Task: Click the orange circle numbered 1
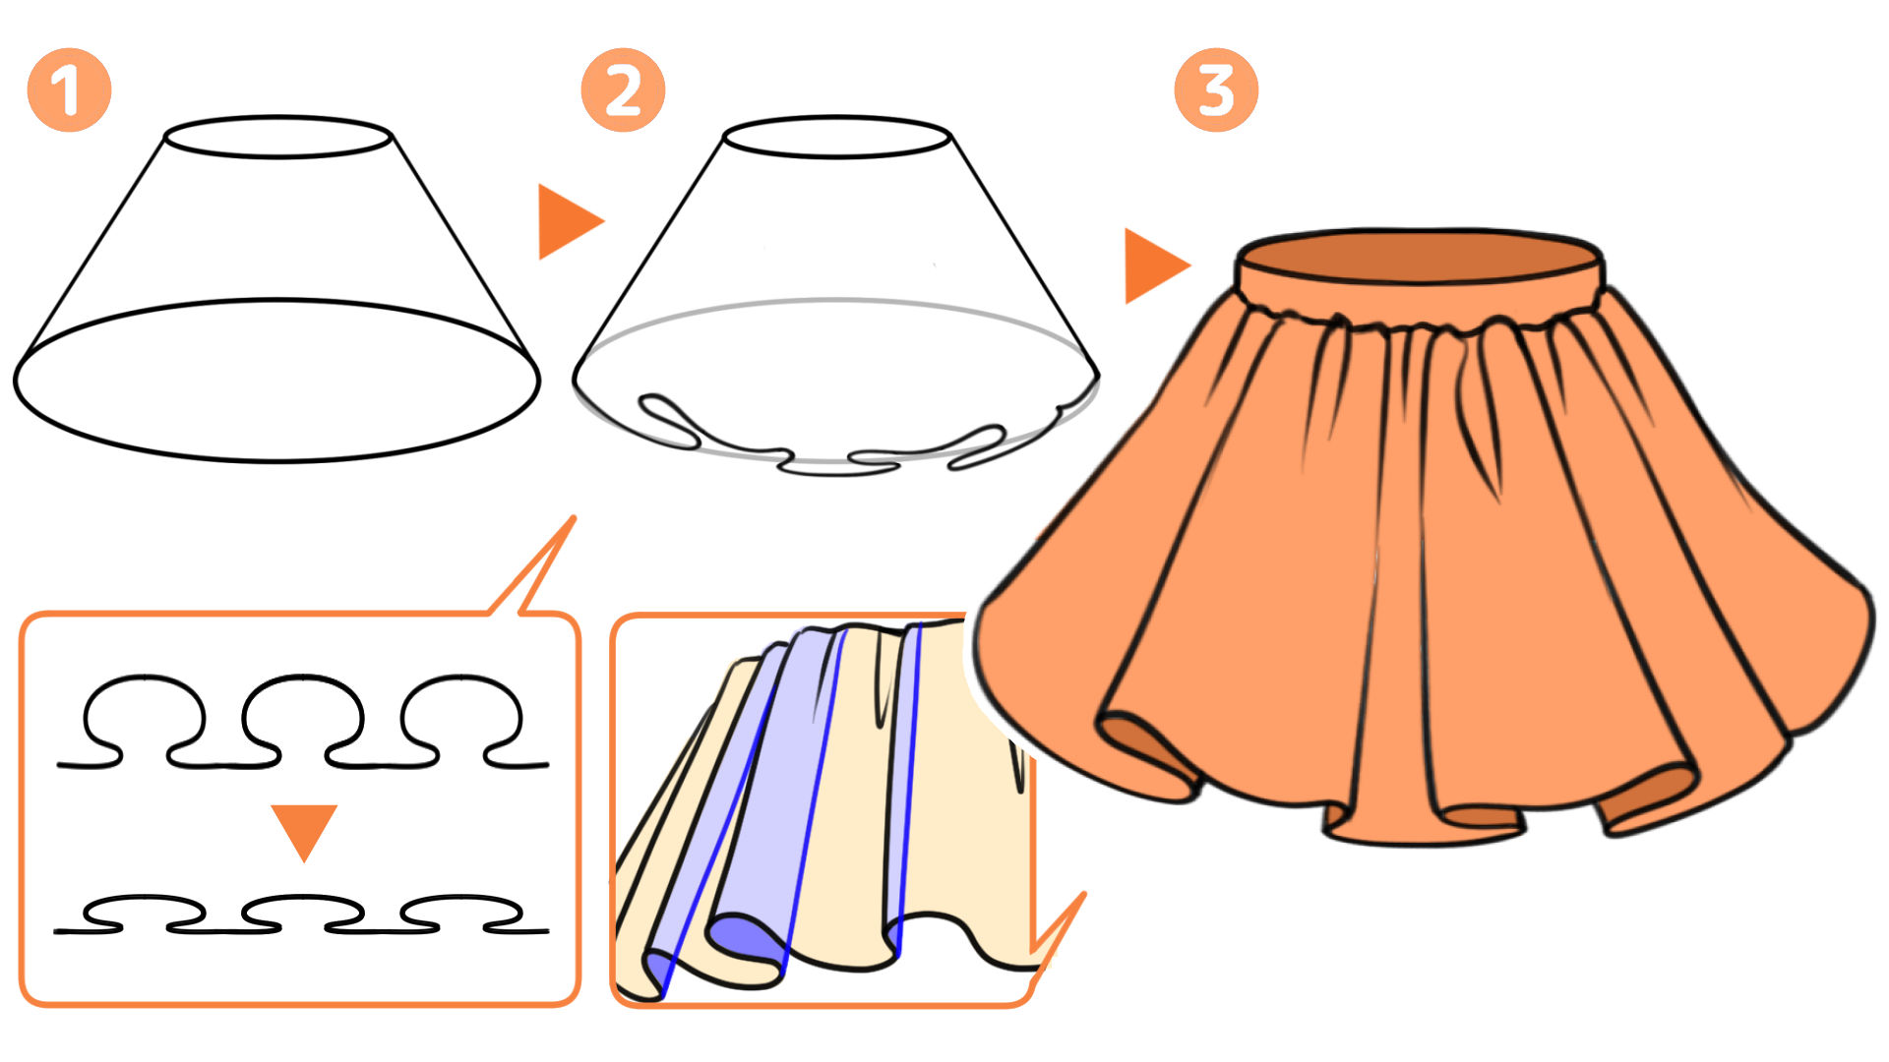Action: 69,90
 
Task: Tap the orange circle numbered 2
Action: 623,90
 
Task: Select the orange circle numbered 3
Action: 1216,90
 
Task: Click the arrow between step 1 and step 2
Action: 569,222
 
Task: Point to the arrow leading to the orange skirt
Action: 1156,265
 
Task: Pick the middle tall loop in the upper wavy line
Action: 303,678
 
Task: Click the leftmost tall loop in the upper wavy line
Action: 146,678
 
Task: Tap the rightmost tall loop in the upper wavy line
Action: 460,678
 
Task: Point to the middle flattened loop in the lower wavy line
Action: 303,898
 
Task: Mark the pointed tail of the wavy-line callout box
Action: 573,517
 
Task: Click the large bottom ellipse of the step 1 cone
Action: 276,301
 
